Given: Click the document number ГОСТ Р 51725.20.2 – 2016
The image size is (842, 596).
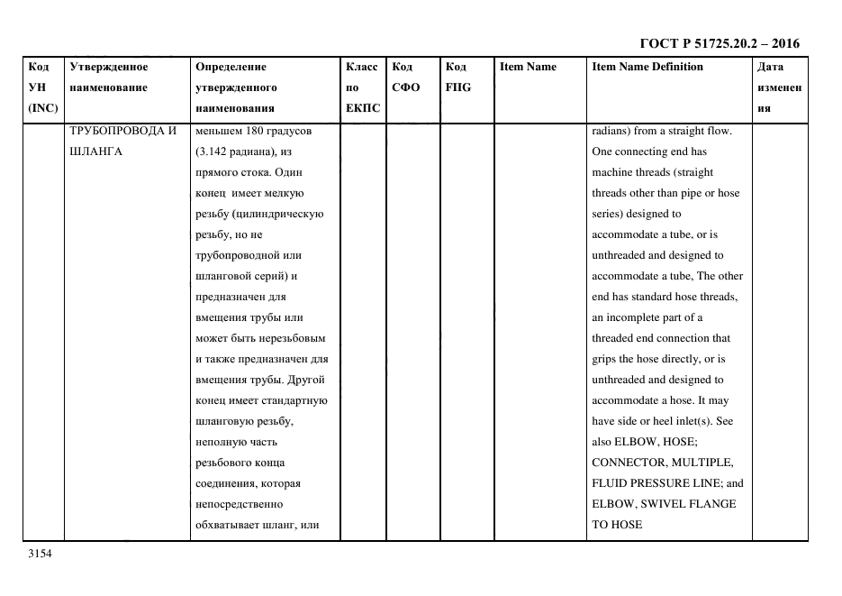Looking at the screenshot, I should (x=719, y=43).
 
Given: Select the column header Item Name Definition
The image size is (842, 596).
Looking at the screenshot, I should (x=647, y=67).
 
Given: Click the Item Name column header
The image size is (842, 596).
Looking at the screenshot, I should (x=528, y=67).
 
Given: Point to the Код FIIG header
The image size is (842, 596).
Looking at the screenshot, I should (x=457, y=78).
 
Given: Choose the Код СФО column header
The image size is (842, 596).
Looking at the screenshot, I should (x=405, y=78).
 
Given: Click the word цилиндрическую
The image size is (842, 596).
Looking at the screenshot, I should (x=281, y=214).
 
